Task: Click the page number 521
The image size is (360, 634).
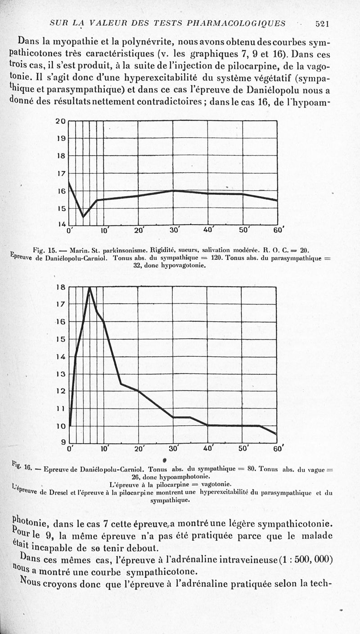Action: tap(324, 23)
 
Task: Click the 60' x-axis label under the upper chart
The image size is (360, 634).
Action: tap(279, 230)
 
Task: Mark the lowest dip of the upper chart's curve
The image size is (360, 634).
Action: tap(83, 216)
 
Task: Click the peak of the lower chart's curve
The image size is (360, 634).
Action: tap(90, 288)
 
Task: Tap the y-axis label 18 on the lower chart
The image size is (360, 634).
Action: tap(61, 287)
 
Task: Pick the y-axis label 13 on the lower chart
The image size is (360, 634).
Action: tap(61, 374)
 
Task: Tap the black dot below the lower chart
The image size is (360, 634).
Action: tap(165, 459)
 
